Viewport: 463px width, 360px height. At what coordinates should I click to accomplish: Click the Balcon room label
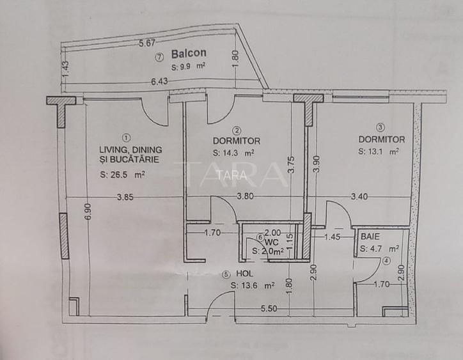[x=189, y=54]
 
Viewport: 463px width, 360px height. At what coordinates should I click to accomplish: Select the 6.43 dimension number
[x=160, y=82]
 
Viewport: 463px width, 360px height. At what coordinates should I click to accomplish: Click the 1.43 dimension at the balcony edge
[x=65, y=69]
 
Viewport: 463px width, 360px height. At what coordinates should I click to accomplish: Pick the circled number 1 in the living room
[x=125, y=136]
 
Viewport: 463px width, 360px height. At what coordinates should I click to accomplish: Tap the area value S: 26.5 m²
[x=122, y=174]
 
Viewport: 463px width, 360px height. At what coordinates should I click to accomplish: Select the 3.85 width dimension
[x=125, y=198]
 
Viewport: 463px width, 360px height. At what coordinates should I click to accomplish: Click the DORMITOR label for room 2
[x=236, y=140]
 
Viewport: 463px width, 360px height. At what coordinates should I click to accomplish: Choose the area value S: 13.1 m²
[x=379, y=152]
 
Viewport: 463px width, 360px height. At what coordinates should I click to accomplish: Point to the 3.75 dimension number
[x=291, y=166]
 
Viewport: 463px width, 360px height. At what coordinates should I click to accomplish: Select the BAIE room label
[x=370, y=236]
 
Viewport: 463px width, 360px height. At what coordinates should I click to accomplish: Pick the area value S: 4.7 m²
[x=379, y=249]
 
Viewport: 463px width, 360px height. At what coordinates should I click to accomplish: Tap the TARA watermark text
[x=230, y=174]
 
